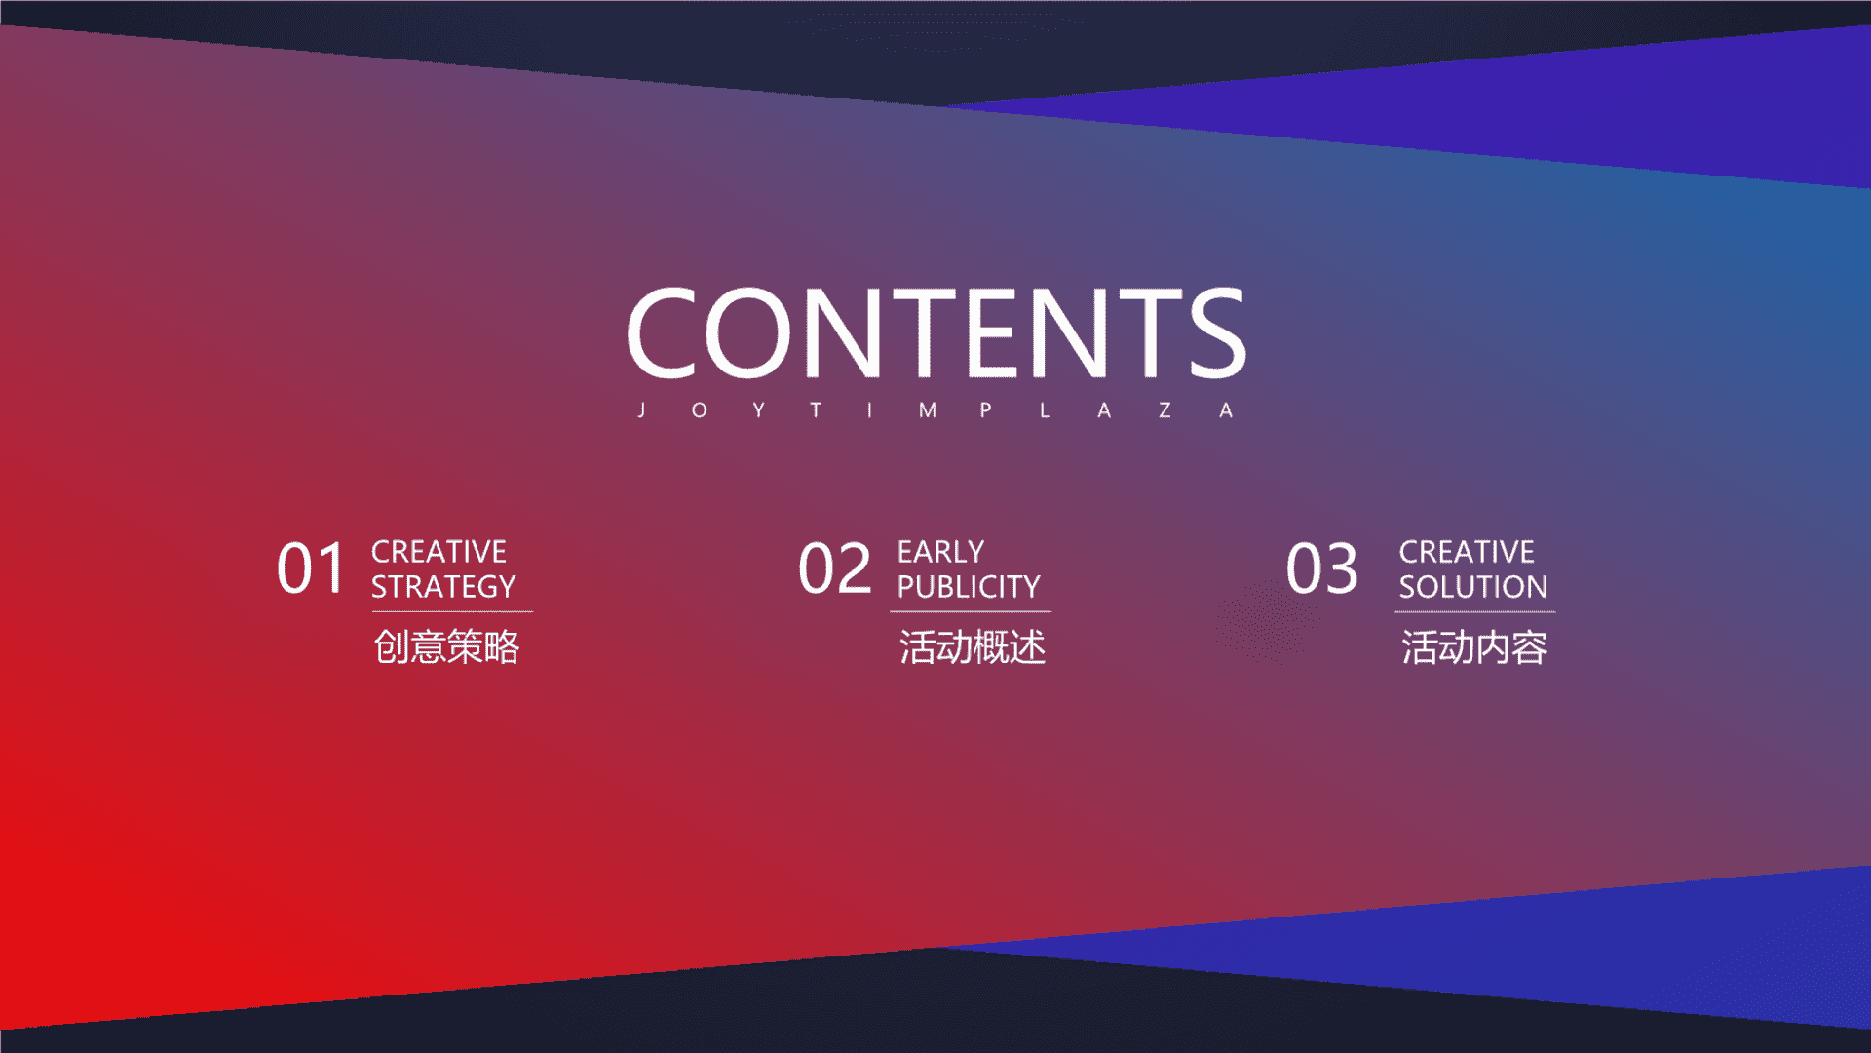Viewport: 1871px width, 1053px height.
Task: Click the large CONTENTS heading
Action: click(x=936, y=332)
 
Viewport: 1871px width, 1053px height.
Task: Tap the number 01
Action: click(x=311, y=568)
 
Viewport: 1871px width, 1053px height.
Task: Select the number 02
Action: click(x=835, y=568)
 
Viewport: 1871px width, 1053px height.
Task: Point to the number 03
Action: click(x=1322, y=568)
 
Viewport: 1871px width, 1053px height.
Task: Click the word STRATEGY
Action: click(x=443, y=587)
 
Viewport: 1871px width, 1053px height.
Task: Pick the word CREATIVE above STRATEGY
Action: click(x=439, y=552)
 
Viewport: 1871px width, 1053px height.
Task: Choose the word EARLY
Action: click(x=941, y=552)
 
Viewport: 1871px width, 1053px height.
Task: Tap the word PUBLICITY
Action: click(x=969, y=587)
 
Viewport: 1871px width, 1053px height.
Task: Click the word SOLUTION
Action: click(x=1473, y=587)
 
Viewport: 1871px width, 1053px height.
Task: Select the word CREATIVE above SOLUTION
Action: click(x=1467, y=552)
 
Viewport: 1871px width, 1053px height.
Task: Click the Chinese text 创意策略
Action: click(x=447, y=647)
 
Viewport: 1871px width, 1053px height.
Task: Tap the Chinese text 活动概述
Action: click(x=973, y=647)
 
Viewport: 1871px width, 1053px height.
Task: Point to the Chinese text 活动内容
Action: click(x=1474, y=647)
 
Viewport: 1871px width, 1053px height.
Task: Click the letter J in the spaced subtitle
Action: click(x=641, y=410)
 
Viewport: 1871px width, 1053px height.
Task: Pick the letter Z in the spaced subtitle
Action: click(x=1165, y=410)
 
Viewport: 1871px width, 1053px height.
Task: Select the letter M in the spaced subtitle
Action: click(x=928, y=410)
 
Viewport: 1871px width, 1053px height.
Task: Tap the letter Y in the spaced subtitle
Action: click(x=758, y=410)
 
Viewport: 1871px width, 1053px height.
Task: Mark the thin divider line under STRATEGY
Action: click(x=452, y=612)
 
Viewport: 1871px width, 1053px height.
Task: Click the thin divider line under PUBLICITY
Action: click(x=971, y=612)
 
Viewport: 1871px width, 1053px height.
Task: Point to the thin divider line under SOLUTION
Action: click(x=1475, y=612)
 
